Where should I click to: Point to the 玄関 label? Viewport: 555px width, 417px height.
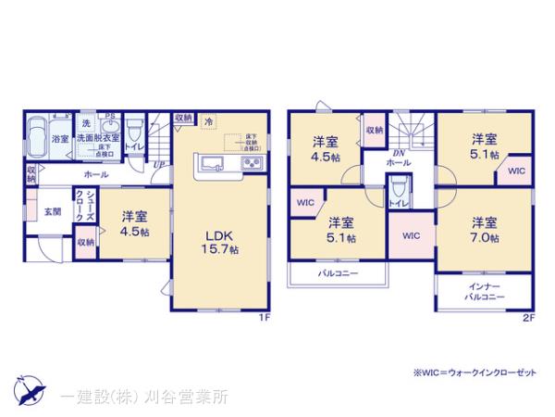pos(53,211)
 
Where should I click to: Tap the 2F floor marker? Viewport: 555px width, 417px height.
pos(528,318)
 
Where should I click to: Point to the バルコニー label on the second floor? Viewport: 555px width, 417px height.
pos(339,274)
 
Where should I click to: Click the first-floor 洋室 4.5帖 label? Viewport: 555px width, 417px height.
pos(134,224)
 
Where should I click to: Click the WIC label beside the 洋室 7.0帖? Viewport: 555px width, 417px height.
pos(412,235)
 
